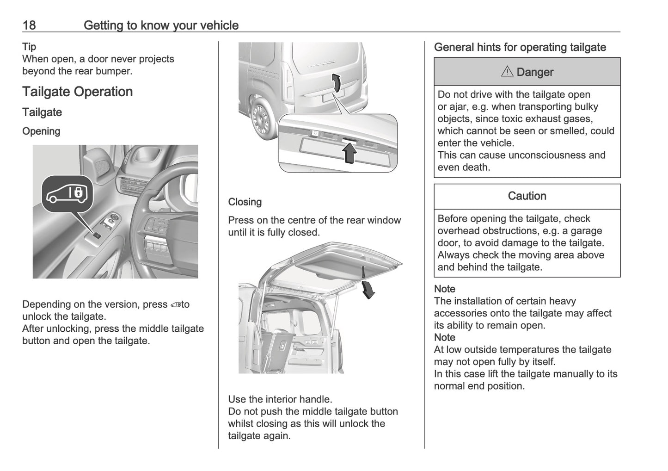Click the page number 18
tap(29, 25)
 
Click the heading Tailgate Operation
tap(77, 92)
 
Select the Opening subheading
tap(41, 131)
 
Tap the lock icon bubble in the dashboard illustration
tap(67, 194)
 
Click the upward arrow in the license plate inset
tap(350, 153)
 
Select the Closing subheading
tap(245, 202)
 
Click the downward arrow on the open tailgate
tap(368, 289)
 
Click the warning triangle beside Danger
tap(507, 72)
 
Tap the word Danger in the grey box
tap(535, 72)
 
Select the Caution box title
tap(527, 196)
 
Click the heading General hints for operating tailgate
tap(520, 47)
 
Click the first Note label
tap(444, 289)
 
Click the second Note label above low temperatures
tap(444, 337)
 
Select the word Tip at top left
tap(29, 46)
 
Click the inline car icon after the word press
tap(175, 305)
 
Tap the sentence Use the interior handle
tap(280, 399)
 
